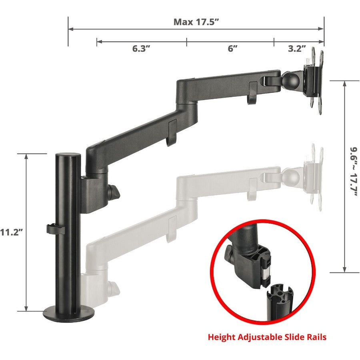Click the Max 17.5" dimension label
[196, 22]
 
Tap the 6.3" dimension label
[141, 49]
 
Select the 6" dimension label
[233, 49]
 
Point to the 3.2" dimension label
[297, 49]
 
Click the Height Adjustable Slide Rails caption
[267, 337]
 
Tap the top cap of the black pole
[68, 155]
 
